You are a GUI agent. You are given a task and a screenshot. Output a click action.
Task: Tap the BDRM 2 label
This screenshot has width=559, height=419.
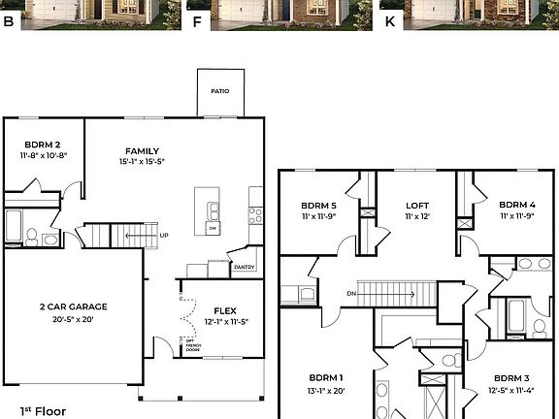43,144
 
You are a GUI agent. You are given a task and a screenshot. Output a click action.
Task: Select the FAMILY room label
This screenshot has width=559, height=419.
142,150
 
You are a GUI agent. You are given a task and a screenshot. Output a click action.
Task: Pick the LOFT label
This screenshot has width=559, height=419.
417,206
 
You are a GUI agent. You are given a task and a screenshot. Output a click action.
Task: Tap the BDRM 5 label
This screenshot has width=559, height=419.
317,206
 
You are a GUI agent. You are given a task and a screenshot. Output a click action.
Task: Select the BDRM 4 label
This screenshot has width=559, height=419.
516,206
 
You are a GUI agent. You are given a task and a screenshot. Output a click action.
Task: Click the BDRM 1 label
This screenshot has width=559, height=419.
325,377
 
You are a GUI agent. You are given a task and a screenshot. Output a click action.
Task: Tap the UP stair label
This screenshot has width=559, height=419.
164,235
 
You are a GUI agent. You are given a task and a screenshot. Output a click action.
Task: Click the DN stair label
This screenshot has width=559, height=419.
351,294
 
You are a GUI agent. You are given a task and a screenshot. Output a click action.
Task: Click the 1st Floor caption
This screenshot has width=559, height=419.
43,411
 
